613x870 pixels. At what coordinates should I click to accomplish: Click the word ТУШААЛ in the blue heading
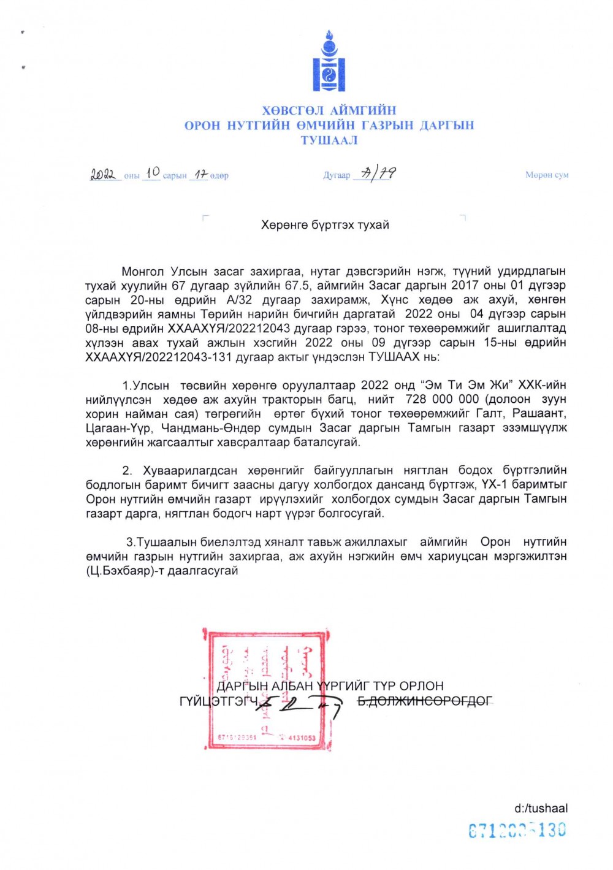(x=329, y=140)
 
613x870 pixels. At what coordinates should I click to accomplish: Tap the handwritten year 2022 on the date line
(x=103, y=174)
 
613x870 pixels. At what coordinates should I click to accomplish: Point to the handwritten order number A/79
(x=379, y=174)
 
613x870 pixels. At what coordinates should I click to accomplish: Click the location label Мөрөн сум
(x=547, y=175)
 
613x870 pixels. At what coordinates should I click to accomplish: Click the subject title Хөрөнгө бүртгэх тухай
(x=325, y=225)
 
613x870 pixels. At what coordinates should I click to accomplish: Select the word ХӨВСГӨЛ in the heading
(x=294, y=111)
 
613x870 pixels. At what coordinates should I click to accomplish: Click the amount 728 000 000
(x=442, y=399)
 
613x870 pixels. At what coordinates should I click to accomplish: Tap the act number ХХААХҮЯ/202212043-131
(x=166, y=357)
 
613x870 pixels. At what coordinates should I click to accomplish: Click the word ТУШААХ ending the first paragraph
(x=403, y=357)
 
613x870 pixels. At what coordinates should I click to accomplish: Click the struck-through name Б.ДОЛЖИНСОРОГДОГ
(x=425, y=701)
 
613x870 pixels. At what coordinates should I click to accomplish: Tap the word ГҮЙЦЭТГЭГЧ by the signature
(x=218, y=701)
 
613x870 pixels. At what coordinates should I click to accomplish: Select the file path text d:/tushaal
(x=541, y=808)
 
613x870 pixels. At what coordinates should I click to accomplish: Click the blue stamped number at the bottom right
(x=517, y=831)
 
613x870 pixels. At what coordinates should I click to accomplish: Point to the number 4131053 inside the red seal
(x=301, y=738)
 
